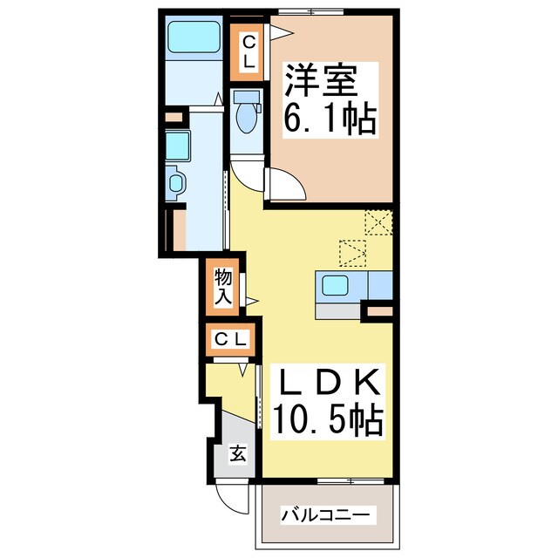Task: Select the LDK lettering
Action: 330,384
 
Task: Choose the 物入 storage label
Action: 223,287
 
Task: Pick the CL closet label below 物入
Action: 232,338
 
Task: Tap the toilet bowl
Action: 248,119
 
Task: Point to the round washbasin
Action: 175,183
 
